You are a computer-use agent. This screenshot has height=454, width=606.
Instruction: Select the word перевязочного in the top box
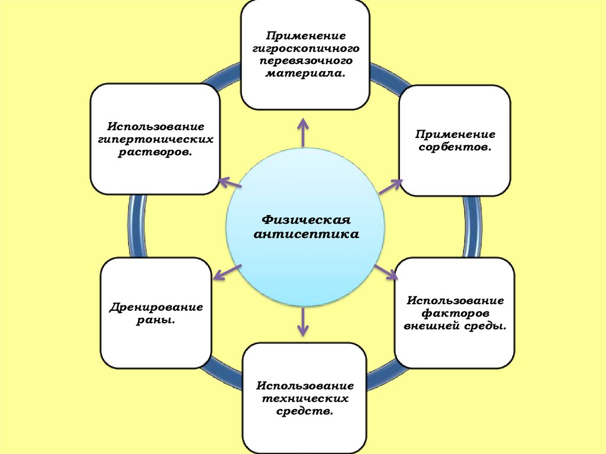coord(305,61)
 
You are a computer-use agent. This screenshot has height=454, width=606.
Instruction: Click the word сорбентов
coord(454,146)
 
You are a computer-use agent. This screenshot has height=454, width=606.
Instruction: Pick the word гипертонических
coord(155,140)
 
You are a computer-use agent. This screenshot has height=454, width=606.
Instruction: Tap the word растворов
coord(155,152)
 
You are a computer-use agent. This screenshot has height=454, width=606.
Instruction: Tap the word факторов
coord(454,313)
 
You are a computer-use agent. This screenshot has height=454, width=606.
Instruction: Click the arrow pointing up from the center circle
coord(303,131)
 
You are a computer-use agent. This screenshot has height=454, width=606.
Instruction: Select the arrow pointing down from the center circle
coord(303,322)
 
